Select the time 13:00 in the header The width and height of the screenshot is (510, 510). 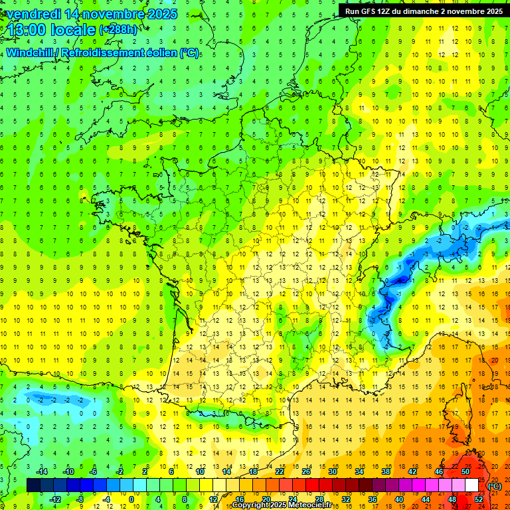click(x=31, y=30)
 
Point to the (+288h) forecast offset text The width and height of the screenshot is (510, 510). click(x=120, y=31)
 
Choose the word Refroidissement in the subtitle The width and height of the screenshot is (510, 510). click(x=106, y=52)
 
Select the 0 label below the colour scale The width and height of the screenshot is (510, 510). click(x=131, y=499)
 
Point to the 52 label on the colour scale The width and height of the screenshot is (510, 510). click(x=479, y=499)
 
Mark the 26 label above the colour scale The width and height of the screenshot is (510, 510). click(x=306, y=471)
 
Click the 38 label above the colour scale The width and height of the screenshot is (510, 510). click(x=386, y=471)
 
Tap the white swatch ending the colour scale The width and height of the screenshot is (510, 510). click(x=472, y=485)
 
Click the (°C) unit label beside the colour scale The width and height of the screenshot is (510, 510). click(x=495, y=485)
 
